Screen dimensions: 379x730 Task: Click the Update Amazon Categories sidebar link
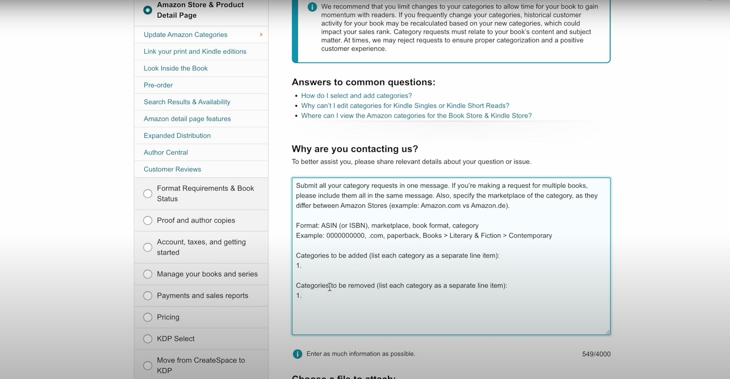(185, 35)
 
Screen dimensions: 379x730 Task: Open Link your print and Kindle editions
(194, 52)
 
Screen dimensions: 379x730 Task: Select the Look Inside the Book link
(175, 68)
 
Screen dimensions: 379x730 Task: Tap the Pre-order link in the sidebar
(158, 85)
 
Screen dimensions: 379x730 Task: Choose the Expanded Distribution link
(177, 135)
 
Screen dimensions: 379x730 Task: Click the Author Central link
(165, 153)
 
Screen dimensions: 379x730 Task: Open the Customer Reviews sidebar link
(172, 169)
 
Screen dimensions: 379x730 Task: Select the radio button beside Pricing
(148, 317)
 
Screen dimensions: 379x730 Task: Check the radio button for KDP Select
(148, 338)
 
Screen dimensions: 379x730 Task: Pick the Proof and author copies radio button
(148, 220)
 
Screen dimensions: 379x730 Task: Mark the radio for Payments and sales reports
(148, 296)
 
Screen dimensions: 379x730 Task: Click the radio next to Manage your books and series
(148, 274)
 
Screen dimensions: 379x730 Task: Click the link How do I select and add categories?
(356, 96)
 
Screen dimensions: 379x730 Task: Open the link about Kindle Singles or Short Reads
(405, 106)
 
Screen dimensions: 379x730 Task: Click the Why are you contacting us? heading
(355, 149)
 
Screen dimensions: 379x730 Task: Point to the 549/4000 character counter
(596, 354)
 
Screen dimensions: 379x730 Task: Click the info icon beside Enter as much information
(297, 354)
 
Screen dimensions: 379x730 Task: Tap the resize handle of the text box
(607, 332)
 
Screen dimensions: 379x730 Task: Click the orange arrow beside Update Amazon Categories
(261, 35)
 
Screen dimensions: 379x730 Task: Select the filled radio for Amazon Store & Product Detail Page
(148, 10)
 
